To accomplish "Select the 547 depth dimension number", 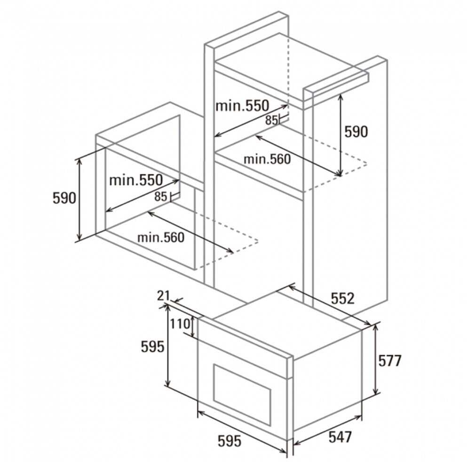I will click(x=340, y=437).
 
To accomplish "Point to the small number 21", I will click(x=163, y=295).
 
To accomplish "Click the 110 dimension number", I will click(x=179, y=323).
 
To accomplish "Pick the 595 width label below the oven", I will click(x=230, y=441).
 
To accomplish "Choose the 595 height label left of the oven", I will click(x=153, y=346).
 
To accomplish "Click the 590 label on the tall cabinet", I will click(x=356, y=132).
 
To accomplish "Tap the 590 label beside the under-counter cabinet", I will click(x=64, y=198).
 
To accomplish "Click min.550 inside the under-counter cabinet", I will click(x=135, y=179).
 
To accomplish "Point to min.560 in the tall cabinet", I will click(x=267, y=159).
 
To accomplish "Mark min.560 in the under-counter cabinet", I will click(x=161, y=238).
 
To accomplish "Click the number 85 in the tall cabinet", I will click(x=271, y=120).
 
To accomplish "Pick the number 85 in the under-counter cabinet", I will click(x=161, y=197).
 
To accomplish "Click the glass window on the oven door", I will click(x=242, y=385).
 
